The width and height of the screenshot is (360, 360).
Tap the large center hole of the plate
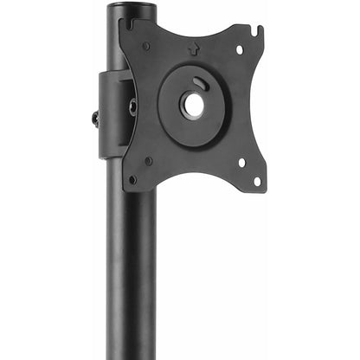[192, 106]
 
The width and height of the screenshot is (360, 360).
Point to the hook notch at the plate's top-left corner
[129, 22]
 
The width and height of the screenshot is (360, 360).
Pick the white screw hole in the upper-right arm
[240, 49]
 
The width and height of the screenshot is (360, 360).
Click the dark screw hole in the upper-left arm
[145, 45]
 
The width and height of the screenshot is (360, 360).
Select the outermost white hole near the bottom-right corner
[256, 180]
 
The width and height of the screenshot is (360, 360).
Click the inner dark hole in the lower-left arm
[149, 160]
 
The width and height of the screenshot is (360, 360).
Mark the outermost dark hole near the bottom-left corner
[132, 179]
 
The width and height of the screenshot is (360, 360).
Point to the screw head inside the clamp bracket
[132, 106]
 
